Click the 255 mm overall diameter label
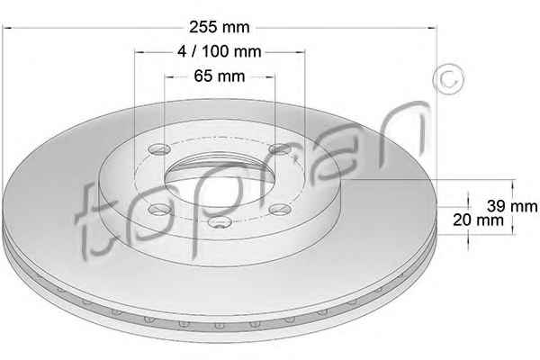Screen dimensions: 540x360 click(x=220, y=27)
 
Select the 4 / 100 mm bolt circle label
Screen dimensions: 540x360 click(x=220, y=51)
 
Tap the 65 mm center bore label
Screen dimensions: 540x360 click(x=220, y=76)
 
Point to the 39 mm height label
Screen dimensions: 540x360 click(x=512, y=206)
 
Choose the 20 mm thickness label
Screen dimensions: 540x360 click(x=479, y=220)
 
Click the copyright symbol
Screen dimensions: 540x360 click(x=448, y=80)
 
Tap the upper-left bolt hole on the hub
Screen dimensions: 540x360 click(x=159, y=149)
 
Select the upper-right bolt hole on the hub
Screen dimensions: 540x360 click(x=279, y=149)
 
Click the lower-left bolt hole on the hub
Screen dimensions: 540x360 click(x=159, y=209)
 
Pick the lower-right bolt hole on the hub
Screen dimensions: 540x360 click(x=280, y=209)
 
